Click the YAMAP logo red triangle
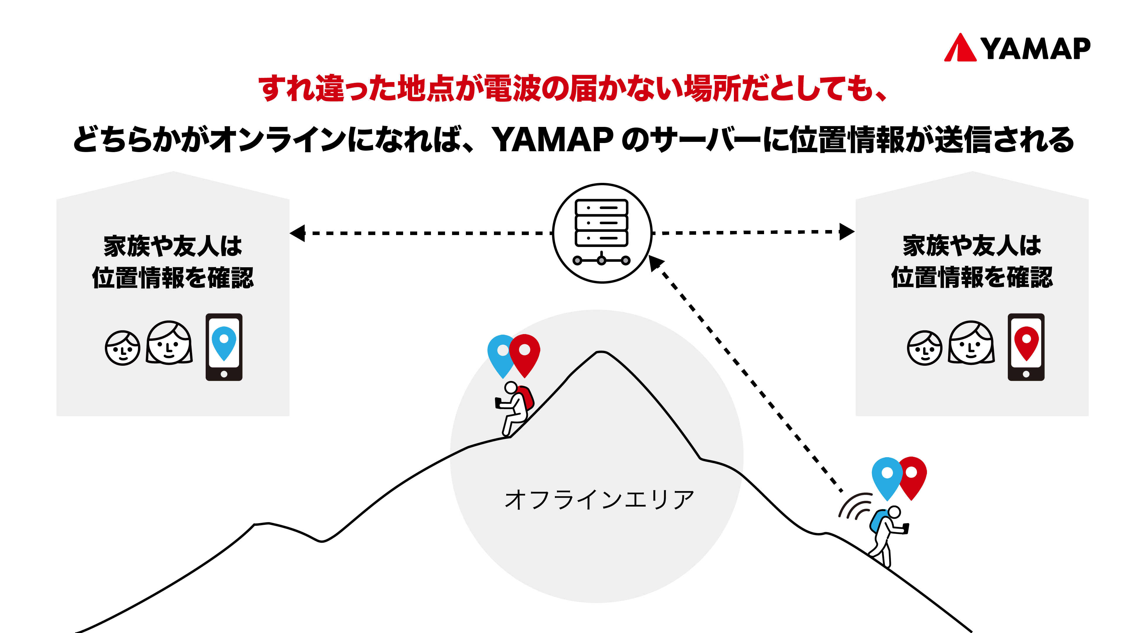click(960, 49)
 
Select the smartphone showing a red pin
click(1026, 347)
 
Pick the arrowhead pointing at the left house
click(298, 233)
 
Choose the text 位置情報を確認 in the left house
click(173, 278)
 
